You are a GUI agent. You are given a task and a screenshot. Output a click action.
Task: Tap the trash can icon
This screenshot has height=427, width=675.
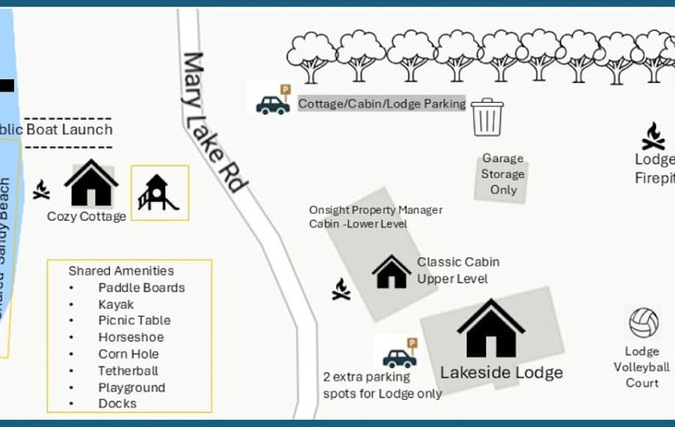tap(487, 117)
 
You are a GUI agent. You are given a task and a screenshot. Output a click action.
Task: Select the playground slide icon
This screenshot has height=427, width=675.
tap(159, 193)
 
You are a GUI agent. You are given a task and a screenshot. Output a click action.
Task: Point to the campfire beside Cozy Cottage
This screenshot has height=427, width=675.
tap(41, 189)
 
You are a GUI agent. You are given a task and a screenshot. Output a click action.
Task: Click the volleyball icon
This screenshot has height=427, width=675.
tap(643, 323)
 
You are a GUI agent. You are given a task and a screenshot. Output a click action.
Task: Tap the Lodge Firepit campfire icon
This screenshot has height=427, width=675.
tap(653, 136)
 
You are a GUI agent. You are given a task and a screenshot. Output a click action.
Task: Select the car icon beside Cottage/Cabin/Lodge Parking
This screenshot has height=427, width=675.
tap(273, 103)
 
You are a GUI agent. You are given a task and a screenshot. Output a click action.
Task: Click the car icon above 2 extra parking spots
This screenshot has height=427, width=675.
tap(399, 357)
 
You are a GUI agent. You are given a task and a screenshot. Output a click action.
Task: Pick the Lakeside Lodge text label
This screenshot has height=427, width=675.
tap(501, 372)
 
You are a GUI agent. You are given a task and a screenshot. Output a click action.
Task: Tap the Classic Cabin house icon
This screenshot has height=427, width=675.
tap(392, 272)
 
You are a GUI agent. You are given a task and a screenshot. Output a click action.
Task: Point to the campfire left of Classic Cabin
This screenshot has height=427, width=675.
tap(341, 289)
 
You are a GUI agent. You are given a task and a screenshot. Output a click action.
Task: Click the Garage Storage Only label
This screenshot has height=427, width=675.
tap(503, 174)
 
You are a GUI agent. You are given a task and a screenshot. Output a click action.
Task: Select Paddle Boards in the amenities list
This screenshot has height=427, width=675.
tap(141, 288)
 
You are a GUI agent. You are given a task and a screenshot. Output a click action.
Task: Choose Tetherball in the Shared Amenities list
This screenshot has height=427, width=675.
tap(128, 371)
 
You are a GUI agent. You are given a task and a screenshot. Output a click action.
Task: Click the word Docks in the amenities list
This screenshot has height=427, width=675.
tap(117, 404)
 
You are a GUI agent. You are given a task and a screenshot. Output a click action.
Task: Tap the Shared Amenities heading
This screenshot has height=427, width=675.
tap(121, 271)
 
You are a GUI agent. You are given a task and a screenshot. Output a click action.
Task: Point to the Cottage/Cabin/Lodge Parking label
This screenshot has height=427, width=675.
tap(382, 104)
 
